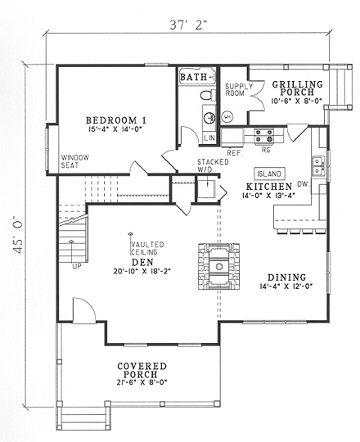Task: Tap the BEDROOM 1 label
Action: coord(115,119)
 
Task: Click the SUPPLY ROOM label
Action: coord(238,90)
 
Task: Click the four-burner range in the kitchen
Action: coord(263,136)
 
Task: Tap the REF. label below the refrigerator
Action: coord(234,152)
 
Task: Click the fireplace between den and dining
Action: coord(218,265)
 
